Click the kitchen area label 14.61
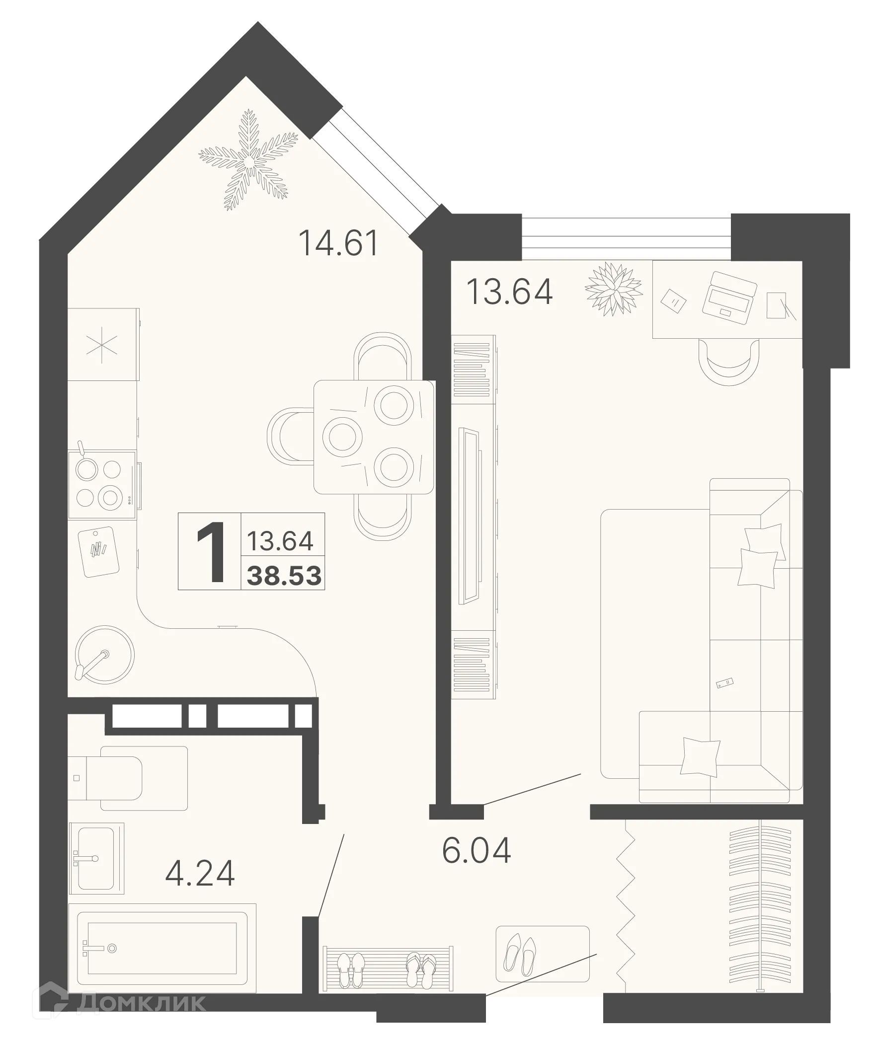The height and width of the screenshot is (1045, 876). [338, 244]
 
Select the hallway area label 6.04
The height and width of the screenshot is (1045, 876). [477, 851]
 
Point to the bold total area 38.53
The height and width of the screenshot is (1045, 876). [284, 576]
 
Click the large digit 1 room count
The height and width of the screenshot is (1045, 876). [211, 552]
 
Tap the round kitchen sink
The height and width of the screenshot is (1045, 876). [104, 655]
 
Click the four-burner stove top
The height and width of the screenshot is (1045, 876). [102, 484]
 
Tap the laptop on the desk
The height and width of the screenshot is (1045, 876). [729, 298]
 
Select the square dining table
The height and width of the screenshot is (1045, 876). [373, 437]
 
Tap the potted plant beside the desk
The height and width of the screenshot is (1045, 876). [613, 288]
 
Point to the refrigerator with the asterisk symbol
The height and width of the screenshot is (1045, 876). [102, 344]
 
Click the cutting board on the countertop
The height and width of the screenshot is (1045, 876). [99, 551]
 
